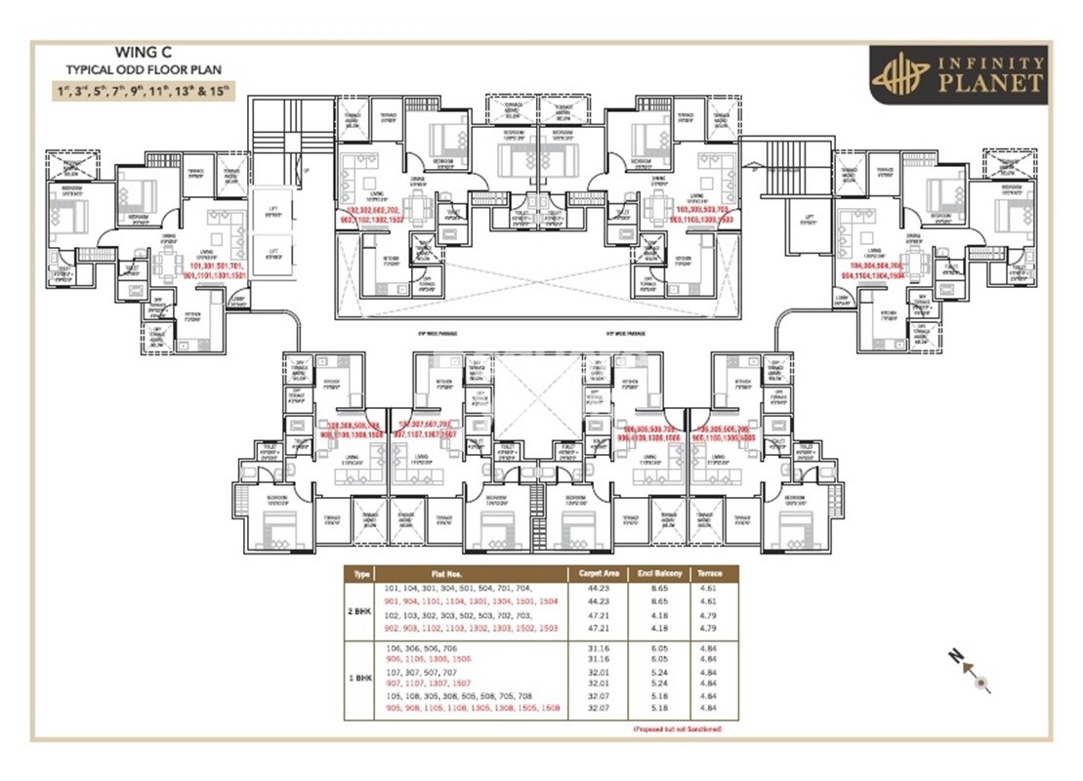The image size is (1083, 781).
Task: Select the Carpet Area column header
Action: click(597, 574)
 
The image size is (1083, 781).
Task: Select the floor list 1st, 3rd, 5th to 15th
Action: click(145, 93)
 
